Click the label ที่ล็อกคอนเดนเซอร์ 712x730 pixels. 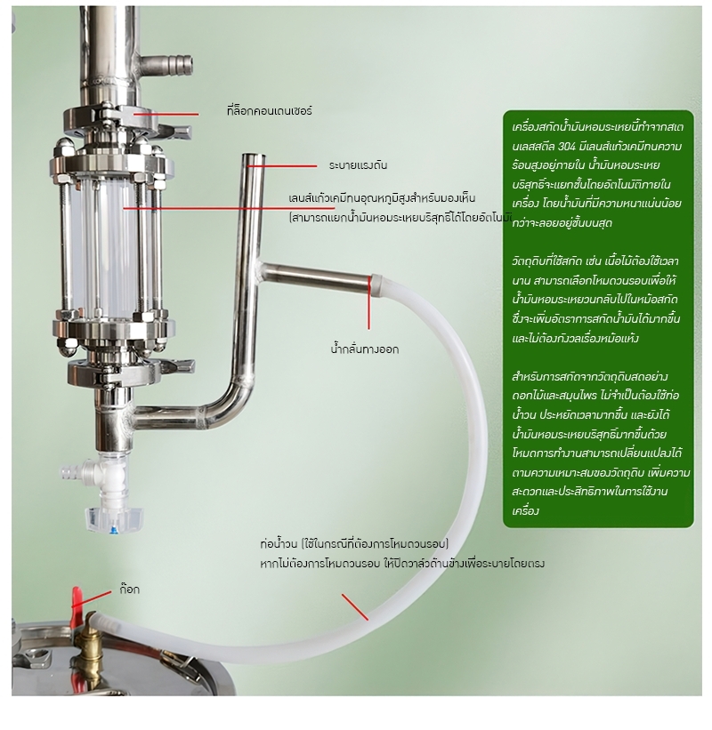(270, 111)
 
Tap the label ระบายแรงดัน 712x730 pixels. (358, 165)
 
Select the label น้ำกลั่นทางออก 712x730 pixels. (364, 349)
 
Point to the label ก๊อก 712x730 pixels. (130, 590)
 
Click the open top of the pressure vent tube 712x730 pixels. (254, 157)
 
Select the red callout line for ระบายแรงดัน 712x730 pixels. (282, 165)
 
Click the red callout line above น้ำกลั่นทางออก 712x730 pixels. (369, 302)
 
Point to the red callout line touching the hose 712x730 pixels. (355, 607)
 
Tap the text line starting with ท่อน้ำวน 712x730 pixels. (354, 544)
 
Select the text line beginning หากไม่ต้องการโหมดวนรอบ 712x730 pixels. (402, 564)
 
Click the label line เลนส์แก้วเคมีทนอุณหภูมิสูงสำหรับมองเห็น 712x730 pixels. (382, 198)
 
